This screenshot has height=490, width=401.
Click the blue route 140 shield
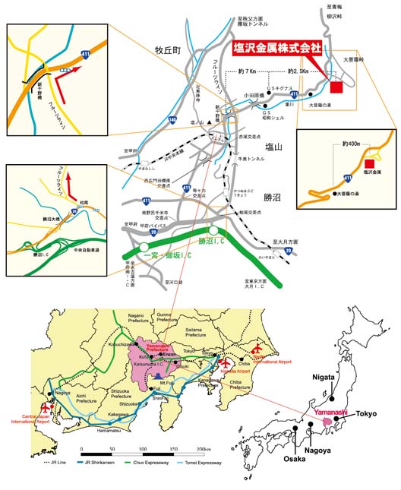[x=173, y=120]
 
